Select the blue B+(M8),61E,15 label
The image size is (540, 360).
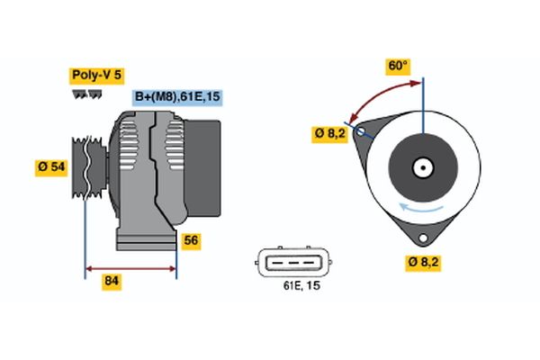(176, 97)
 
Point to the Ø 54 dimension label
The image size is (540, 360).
(51, 167)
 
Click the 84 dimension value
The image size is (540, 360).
(112, 282)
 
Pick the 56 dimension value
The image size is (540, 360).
(191, 240)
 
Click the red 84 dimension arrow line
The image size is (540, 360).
(130, 267)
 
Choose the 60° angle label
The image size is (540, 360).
(398, 66)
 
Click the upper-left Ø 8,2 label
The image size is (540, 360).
(330, 134)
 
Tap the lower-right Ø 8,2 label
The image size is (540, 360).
(422, 263)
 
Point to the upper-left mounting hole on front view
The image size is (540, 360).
(362, 131)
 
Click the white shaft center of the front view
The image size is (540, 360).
(421, 167)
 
